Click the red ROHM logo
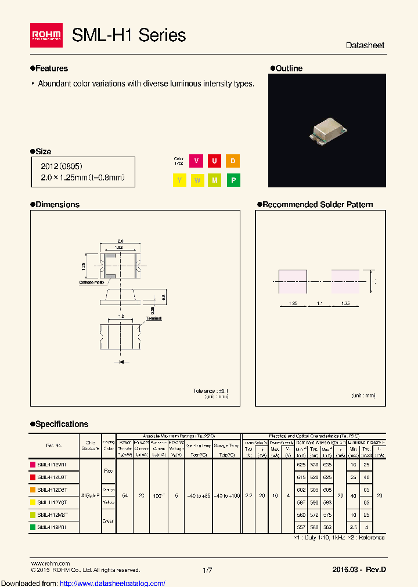(46, 35)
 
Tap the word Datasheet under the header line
(365, 45)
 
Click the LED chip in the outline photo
(327, 131)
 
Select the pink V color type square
(197, 161)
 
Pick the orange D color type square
(233, 161)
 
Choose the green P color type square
(233, 180)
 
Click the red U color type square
(215, 161)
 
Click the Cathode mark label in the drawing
(90, 282)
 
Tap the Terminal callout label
(154, 318)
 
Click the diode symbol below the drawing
(121, 362)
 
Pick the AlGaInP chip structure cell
(90, 496)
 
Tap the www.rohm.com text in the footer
(50, 563)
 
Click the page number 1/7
(207, 571)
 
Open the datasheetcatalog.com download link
(83, 583)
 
